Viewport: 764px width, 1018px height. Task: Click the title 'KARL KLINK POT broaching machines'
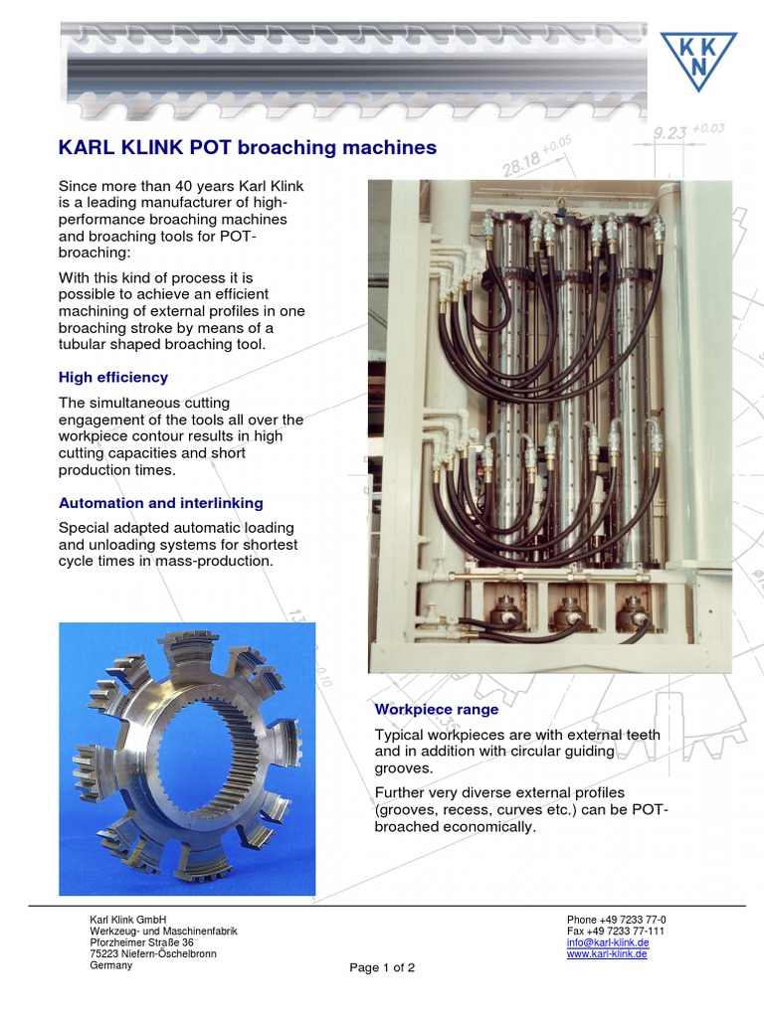(248, 147)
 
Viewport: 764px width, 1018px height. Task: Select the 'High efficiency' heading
(113, 378)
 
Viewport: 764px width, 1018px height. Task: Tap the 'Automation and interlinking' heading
(161, 503)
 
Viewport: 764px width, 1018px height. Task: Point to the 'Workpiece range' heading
(437, 710)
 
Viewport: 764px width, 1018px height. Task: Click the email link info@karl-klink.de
(608, 942)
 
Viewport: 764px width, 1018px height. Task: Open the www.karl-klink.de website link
(607, 953)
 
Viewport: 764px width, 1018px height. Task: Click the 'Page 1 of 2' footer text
(382, 967)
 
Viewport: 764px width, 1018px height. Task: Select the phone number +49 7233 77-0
(616, 920)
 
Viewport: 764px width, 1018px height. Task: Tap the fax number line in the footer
(616, 932)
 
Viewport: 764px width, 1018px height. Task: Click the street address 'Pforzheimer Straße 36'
(142, 942)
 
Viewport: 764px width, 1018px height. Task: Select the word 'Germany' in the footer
(111, 965)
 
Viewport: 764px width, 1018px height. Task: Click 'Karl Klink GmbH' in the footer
(128, 920)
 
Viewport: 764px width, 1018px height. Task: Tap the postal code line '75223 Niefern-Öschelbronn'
(153, 954)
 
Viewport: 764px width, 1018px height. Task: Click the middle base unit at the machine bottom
(568, 612)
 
